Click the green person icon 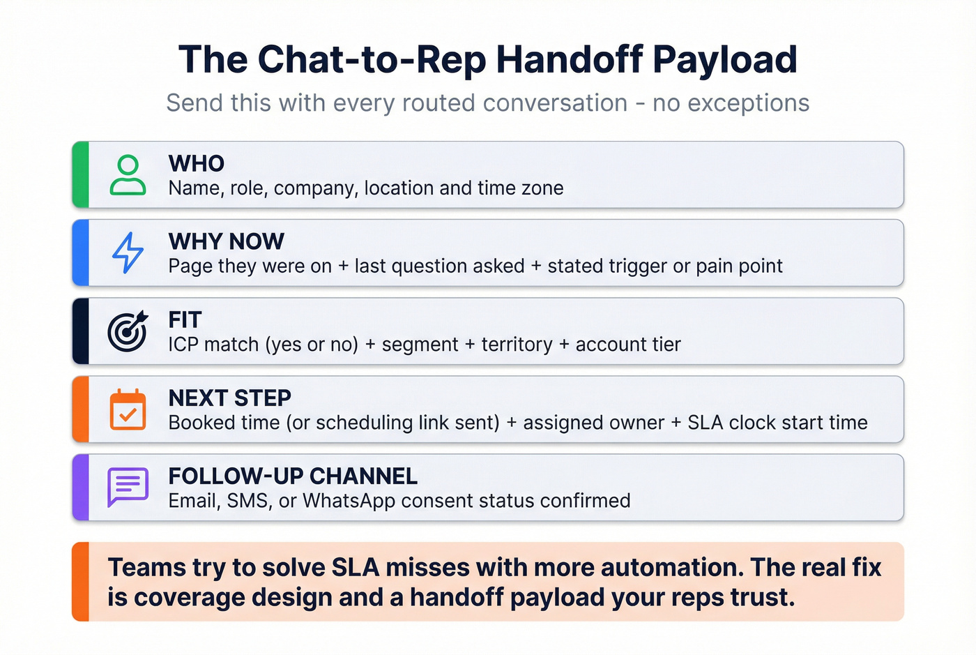(x=128, y=175)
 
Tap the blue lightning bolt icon (x=128, y=253)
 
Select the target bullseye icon (x=128, y=331)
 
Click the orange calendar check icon (x=128, y=409)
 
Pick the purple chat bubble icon (x=128, y=487)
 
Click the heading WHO (x=197, y=163)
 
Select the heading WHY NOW (x=227, y=241)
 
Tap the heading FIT (x=185, y=319)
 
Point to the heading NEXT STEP (x=230, y=398)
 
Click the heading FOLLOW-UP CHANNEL (x=293, y=476)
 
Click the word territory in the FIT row (x=517, y=345)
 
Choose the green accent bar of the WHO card (x=81, y=175)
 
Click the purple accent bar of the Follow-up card (x=81, y=488)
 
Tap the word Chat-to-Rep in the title (x=372, y=59)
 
